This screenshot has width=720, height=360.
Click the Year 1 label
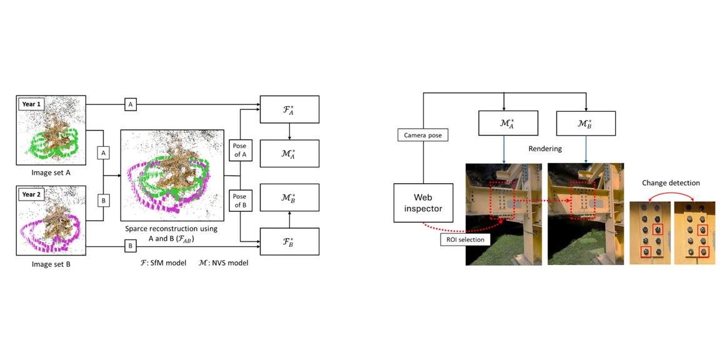31,104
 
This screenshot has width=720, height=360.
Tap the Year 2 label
31,194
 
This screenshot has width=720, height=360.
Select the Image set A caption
51,173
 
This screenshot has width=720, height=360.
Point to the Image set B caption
51,264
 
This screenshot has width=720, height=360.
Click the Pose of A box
240,151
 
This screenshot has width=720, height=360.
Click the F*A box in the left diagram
289,109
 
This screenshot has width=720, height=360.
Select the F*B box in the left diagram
289,241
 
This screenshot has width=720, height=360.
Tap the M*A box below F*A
289,153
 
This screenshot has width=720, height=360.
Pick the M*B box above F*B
289,197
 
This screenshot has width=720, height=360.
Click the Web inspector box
423,202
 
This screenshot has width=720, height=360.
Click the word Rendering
544,149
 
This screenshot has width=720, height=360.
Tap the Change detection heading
671,183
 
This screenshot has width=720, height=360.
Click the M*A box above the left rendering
508,122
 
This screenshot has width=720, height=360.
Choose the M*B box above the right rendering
586,122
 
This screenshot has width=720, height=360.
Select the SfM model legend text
164,263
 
